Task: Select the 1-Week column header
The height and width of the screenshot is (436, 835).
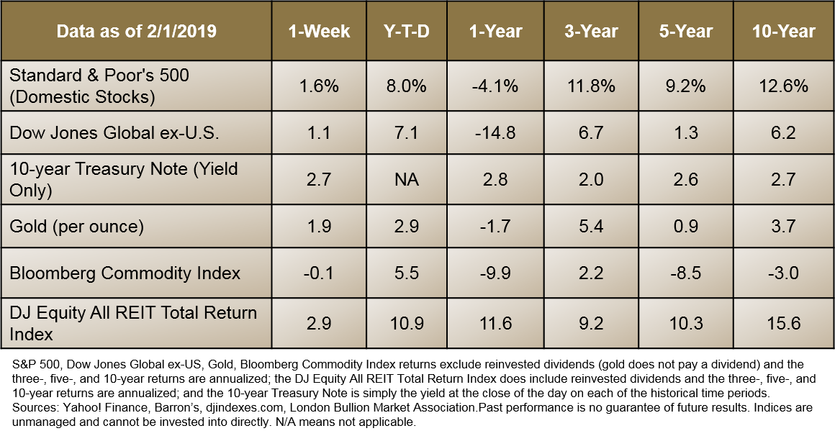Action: tap(319, 32)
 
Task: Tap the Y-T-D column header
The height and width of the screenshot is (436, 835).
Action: tap(406, 32)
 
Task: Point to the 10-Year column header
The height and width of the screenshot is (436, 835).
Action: tap(784, 32)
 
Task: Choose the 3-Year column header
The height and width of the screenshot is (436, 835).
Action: tap(590, 32)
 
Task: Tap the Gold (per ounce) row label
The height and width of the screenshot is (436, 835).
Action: tap(77, 227)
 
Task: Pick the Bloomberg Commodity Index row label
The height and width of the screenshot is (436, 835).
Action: tap(125, 273)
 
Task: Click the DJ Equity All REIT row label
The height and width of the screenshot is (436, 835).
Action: tap(133, 323)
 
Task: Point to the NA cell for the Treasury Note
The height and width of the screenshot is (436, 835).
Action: tap(406, 179)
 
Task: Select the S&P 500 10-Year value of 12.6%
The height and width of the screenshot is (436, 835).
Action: tap(784, 86)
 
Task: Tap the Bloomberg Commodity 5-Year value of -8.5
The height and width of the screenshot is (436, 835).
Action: tap(685, 273)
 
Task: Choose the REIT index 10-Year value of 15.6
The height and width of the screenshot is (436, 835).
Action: tap(784, 323)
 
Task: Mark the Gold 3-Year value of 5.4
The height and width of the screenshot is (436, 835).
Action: tap(590, 227)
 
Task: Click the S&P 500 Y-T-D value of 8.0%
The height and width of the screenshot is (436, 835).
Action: tap(406, 86)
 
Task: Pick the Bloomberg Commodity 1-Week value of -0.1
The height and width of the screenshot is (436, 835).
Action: tap(319, 273)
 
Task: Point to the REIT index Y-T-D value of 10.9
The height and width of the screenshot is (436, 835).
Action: tap(406, 323)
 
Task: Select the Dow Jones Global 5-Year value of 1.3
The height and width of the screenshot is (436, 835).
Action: tap(685, 132)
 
